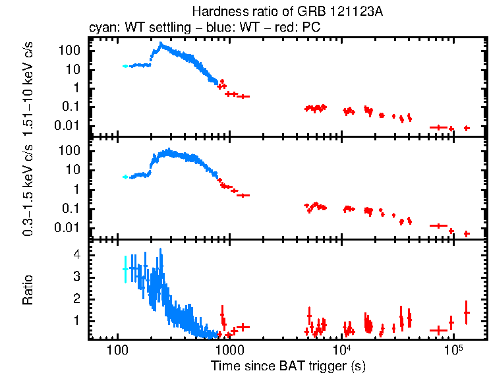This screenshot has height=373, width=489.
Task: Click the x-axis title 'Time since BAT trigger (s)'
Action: tap(288, 365)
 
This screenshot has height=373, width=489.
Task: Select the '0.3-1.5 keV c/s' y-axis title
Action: tap(30, 188)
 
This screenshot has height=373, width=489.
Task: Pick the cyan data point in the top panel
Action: tap(125, 66)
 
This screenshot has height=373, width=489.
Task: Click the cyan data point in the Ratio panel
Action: tap(125, 269)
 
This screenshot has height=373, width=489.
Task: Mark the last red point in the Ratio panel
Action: tap(467, 312)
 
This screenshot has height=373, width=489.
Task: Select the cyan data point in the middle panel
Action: tap(125, 177)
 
